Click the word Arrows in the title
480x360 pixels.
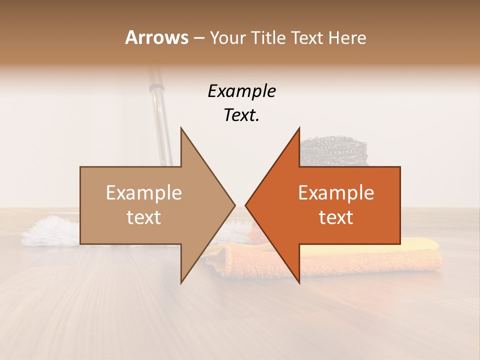(x=156, y=37)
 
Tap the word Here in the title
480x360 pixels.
(x=347, y=37)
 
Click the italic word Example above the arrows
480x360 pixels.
(x=241, y=91)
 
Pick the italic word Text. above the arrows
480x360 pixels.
(x=241, y=115)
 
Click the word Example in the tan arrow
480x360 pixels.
(x=144, y=192)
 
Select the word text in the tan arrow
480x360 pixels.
(x=144, y=217)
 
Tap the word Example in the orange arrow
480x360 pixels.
(x=336, y=192)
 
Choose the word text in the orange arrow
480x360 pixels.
(x=336, y=217)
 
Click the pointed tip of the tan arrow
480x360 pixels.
(x=234, y=205)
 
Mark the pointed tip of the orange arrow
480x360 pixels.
(x=246, y=205)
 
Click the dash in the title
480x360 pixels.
(x=198, y=38)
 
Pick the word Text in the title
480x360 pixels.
(x=309, y=37)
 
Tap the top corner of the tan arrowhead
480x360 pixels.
(x=181, y=128)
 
